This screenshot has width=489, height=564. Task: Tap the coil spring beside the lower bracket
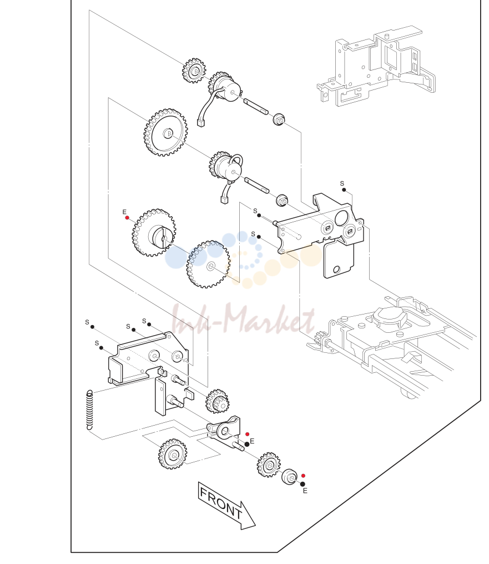point(89,410)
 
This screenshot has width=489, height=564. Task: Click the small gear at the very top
point(194,71)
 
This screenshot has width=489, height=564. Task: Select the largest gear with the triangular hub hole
point(165,133)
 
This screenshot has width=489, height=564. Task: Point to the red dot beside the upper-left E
point(127,218)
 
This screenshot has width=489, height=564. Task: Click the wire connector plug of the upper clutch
point(200,123)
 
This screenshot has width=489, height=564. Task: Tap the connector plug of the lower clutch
point(224,199)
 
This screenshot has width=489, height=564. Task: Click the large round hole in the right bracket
point(341,218)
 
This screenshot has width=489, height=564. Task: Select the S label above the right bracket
point(342,183)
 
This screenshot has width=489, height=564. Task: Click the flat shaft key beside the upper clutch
point(255,107)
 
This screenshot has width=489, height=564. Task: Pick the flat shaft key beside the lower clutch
point(256,185)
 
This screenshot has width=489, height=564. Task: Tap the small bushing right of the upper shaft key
point(279,119)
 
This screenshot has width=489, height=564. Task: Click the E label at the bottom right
point(305,491)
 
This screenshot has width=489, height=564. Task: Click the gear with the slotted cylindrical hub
point(154,233)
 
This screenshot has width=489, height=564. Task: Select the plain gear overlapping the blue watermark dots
point(208,264)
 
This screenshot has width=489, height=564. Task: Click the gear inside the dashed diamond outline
point(173,454)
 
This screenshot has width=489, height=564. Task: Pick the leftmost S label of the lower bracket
point(87,322)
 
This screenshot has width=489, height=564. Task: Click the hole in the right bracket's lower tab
point(336,269)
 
